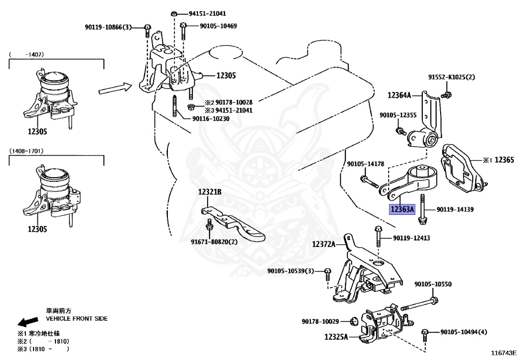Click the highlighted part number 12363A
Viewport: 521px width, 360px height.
point(402,209)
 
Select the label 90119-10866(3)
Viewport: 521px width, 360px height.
point(108,26)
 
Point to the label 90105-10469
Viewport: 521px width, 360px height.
point(218,26)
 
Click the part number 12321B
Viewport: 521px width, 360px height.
point(210,192)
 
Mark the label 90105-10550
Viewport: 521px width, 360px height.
point(432,284)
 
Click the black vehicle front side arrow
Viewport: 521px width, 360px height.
point(27,321)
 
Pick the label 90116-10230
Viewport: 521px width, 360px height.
point(211,119)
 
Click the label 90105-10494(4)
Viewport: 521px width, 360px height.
point(464,332)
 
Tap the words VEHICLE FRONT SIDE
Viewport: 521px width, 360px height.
point(77,318)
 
